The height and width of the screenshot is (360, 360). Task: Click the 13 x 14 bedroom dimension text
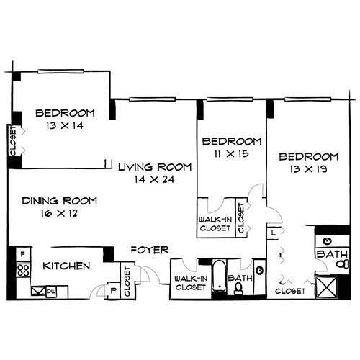pos(65,125)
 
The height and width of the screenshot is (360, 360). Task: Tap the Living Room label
pos(155,167)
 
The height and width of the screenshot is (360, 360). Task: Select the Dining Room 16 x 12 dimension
pos(59,213)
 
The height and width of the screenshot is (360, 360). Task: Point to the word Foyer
pos(150,250)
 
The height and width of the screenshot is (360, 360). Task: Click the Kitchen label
pos(66,266)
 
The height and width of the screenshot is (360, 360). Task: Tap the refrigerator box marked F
pos(23,254)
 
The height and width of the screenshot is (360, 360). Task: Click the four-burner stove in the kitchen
pos(23,270)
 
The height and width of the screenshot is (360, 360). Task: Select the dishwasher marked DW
pos(51,291)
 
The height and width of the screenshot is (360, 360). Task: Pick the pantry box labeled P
pos(113,290)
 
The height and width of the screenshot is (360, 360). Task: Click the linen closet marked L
pos(273,233)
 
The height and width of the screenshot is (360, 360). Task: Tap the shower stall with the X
pos(327,287)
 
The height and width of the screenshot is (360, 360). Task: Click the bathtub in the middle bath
pos(220,276)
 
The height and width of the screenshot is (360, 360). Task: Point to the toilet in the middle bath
pos(238,289)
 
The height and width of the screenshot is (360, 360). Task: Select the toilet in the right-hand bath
pos(343,264)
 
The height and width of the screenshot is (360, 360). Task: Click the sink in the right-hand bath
pos(327,241)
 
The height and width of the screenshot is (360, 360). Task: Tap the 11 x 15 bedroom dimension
pos(231,153)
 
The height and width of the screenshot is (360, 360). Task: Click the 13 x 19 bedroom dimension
pos(308,169)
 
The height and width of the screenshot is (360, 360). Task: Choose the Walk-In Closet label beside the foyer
pos(191,283)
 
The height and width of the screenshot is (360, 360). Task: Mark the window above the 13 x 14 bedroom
pos(61,71)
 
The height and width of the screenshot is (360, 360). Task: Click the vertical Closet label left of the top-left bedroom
pos(12,142)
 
